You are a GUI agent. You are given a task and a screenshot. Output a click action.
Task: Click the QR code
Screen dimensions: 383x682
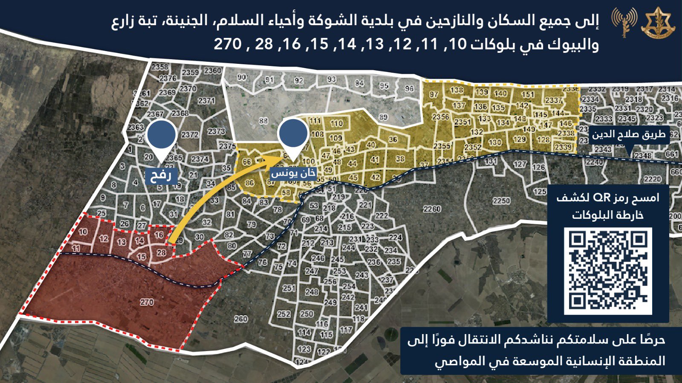608,271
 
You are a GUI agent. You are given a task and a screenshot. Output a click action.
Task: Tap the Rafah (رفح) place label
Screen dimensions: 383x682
160,175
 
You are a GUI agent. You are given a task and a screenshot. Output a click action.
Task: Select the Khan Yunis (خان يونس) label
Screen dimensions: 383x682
294,173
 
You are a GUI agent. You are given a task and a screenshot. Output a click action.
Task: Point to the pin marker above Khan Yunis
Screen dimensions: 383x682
292,134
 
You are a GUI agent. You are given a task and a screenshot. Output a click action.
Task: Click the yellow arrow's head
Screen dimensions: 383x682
273,159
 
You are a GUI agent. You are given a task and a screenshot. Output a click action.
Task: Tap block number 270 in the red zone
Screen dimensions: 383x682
147,302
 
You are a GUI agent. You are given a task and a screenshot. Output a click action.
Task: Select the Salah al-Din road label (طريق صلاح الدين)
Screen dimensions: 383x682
628,135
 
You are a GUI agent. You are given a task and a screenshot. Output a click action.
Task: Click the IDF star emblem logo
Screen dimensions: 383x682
658,24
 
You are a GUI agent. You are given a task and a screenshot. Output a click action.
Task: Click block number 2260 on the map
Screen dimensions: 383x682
432,209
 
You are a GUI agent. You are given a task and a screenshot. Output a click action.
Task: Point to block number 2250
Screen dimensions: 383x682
501,200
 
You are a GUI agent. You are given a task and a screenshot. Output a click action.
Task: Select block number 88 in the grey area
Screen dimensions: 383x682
263,121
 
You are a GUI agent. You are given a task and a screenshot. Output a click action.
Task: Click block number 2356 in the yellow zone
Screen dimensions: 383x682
440,117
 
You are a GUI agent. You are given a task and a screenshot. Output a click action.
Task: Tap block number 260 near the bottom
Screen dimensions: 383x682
241,318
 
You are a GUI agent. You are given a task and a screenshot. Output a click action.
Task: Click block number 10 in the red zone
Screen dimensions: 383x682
83,232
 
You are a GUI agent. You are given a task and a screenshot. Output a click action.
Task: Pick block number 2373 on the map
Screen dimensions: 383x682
217,131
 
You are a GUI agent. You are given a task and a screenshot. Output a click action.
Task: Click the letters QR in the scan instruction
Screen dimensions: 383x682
600,198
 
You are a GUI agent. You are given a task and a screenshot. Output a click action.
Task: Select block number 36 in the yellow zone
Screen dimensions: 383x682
393,139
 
